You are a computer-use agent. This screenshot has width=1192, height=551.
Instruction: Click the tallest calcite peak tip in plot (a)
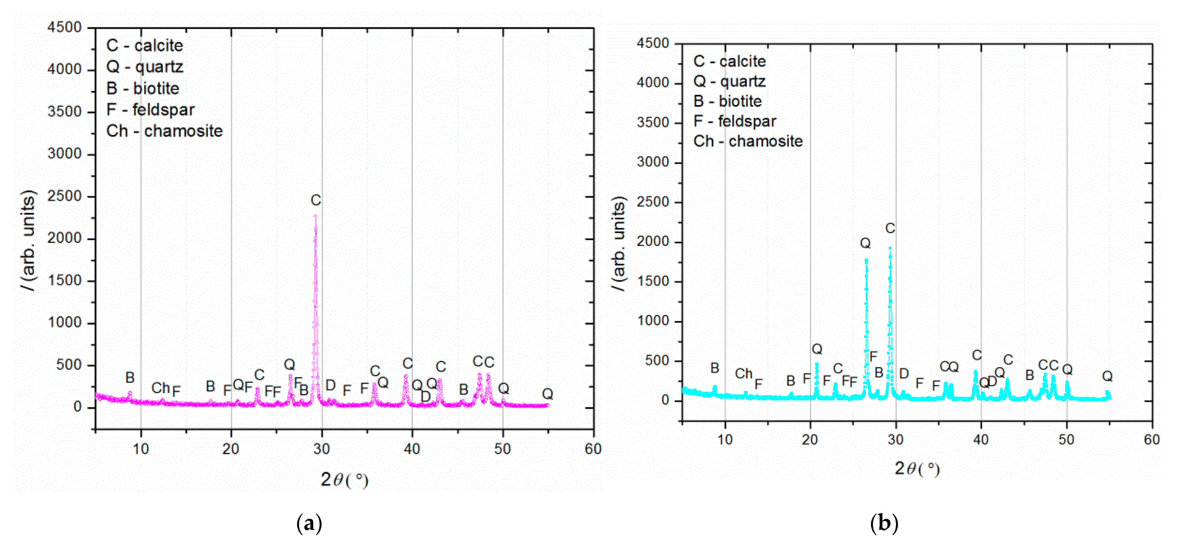(x=315, y=216)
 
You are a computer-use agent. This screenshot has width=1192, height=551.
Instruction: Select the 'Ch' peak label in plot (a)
(x=161, y=388)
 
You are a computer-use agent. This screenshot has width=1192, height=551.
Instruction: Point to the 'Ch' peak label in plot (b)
(x=744, y=373)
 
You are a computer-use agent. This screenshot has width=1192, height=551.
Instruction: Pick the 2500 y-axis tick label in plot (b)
(x=653, y=202)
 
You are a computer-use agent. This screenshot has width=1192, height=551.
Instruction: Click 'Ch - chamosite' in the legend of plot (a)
(x=164, y=131)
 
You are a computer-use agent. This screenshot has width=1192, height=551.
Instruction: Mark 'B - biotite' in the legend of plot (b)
(x=727, y=101)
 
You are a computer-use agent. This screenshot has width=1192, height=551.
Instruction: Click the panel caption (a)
(x=309, y=523)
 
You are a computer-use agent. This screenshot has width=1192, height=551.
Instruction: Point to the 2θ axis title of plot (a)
(x=344, y=480)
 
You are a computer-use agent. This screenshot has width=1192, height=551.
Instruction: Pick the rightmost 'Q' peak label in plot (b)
(x=1107, y=376)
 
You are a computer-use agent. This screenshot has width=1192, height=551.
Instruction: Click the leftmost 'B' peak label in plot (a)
(x=130, y=378)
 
